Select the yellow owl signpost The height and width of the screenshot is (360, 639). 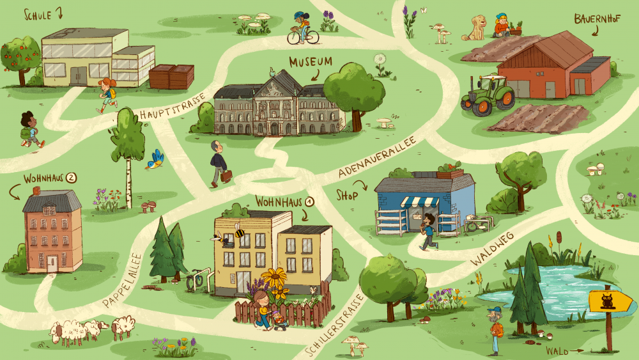tap(606, 300)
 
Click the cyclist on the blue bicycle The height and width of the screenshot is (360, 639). tap(302, 29)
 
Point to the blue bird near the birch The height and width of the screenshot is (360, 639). tap(155, 159)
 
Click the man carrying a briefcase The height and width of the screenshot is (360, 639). tap(219, 163)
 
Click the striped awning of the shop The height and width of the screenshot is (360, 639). tap(420, 201)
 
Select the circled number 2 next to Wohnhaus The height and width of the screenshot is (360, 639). tap(71, 178)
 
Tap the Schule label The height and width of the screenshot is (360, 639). tap(38, 14)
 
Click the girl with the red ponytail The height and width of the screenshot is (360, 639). tap(107, 94)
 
